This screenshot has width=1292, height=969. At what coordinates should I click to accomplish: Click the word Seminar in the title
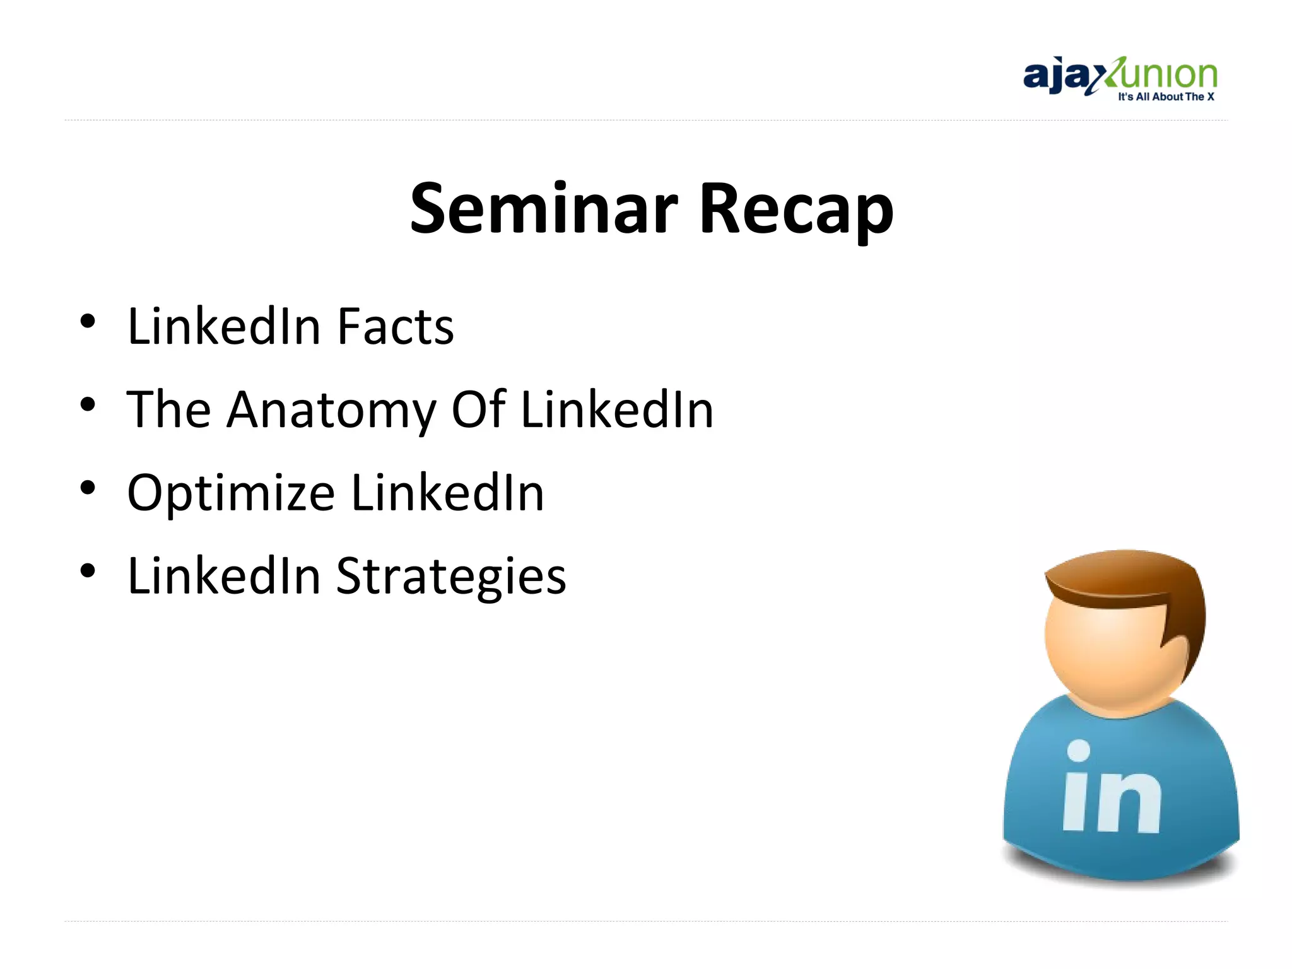tap(544, 208)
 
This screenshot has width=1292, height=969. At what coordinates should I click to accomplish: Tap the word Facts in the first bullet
tap(395, 327)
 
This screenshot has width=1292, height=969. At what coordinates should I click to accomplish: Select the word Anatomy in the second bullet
tap(331, 410)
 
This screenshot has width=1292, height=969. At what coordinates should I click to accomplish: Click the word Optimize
tap(231, 494)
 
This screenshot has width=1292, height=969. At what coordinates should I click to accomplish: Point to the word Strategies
tap(451, 577)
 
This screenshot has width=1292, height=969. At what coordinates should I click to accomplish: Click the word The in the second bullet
tap(168, 410)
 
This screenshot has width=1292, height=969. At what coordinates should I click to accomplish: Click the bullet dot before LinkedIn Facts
tap(88, 322)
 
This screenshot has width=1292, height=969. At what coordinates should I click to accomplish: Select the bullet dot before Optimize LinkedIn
tap(88, 488)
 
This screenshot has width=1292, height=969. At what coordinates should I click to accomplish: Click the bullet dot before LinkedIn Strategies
tap(88, 571)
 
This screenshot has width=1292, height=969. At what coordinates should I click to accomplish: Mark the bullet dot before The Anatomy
tap(88, 404)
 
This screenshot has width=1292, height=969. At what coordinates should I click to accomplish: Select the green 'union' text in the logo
tap(1167, 74)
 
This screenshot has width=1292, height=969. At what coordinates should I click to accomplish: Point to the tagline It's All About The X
tap(1166, 97)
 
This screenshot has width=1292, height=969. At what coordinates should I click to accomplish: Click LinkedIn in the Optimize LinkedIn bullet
tap(447, 493)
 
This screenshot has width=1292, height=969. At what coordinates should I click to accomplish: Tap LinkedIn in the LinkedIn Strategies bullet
tap(224, 577)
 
